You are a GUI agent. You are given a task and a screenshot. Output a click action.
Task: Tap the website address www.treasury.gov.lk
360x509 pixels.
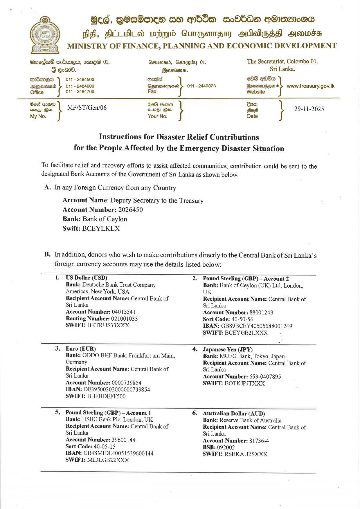coord(310,86)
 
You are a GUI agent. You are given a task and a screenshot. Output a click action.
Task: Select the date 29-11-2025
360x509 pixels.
coord(309,109)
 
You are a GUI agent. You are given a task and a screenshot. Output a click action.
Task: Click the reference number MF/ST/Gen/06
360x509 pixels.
coord(87,108)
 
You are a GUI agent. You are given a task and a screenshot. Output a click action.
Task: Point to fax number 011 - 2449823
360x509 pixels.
coord(201,86)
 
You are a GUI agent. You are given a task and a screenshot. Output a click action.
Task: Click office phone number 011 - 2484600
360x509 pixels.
coord(80,86)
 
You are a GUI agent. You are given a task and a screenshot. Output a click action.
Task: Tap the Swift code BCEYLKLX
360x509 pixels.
coord(101,228)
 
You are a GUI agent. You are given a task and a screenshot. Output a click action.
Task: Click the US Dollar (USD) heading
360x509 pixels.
coord(87,278)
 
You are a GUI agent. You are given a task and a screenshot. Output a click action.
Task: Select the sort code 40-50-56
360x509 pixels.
coord(242,319)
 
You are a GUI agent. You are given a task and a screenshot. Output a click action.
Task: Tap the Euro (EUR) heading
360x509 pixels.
coord(81,349)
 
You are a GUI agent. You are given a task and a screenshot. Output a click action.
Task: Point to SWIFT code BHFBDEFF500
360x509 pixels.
coord(106,396)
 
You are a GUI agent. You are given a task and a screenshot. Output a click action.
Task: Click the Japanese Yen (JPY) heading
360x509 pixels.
coord(228,349)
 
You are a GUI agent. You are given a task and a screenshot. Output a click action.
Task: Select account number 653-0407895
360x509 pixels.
coord(265,377)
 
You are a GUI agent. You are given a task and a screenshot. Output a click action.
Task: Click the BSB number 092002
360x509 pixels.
coord(226,447)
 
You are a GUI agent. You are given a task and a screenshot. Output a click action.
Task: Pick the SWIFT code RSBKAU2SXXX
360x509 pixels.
coord(246,454)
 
